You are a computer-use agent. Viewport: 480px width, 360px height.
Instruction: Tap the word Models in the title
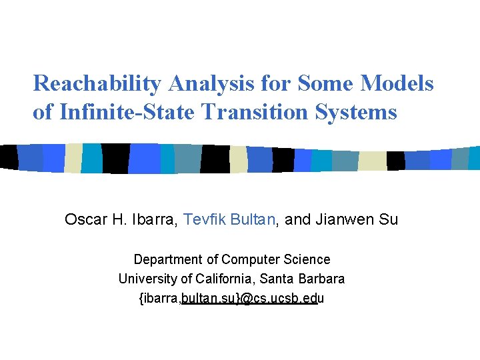point(397,84)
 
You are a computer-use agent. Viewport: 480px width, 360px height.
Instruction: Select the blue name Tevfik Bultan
point(229,219)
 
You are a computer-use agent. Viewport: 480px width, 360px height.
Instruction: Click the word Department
point(167,259)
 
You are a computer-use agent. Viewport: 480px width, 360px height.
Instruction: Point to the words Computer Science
point(275,259)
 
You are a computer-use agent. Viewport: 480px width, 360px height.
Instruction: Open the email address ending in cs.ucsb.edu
point(231,299)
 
